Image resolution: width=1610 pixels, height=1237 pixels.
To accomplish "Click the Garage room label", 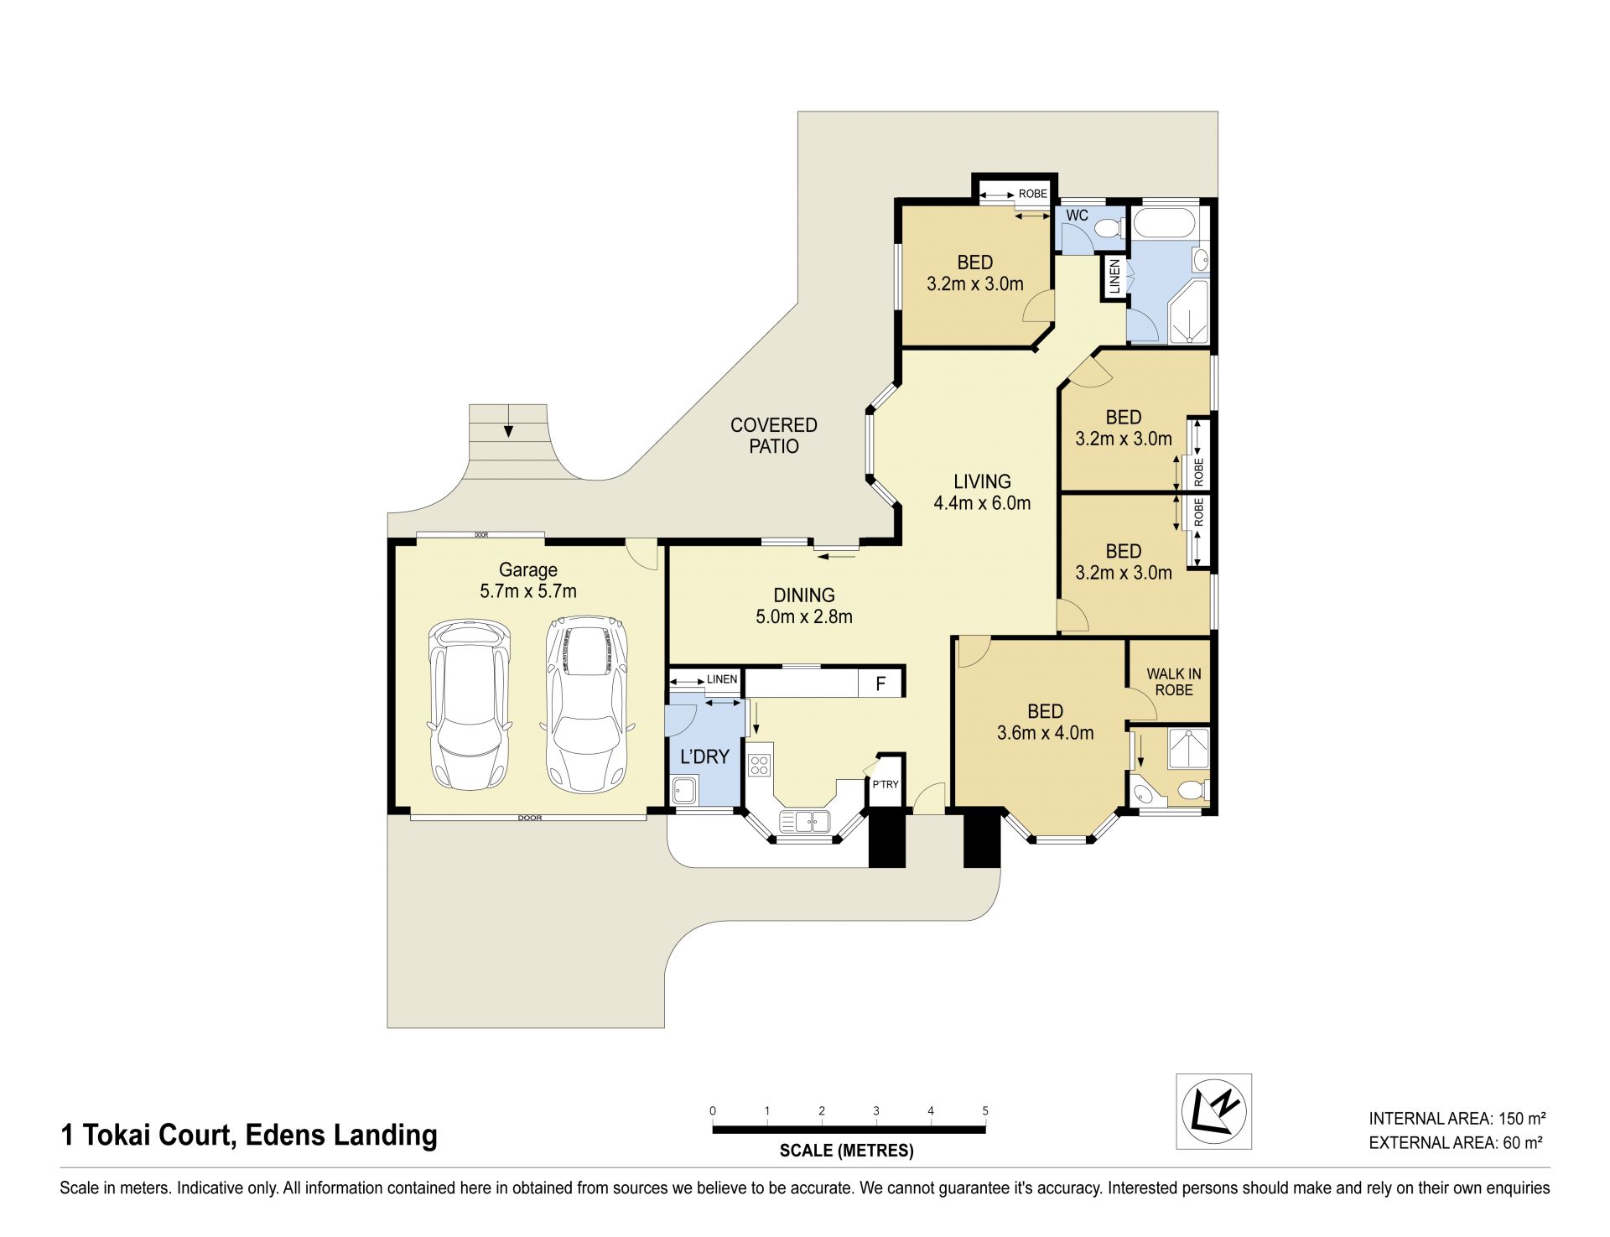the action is (x=527, y=580).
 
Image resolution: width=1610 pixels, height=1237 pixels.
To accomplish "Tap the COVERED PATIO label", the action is (x=773, y=435).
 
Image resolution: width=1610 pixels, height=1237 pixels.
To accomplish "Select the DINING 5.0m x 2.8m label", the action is (x=804, y=606).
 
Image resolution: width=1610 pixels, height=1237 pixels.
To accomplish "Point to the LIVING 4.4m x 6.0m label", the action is (x=982, y=492).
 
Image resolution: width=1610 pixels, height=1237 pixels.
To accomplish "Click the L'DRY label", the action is (x=704, y=756).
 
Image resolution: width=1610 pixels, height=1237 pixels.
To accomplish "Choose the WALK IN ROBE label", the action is (x=1174, y=682).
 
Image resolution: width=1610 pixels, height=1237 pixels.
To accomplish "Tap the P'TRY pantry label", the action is (x=885, y=784).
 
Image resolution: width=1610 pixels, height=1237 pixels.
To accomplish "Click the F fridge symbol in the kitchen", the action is (x=880, y=684).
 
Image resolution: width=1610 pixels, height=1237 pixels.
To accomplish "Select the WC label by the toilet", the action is (x=1077, y=216).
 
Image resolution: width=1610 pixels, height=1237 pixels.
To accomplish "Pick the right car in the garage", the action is (x=586, y=705).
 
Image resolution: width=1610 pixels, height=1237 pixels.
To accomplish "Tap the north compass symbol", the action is (x=1213, y=1111).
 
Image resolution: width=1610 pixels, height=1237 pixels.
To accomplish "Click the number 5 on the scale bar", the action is (x=985, y=1110).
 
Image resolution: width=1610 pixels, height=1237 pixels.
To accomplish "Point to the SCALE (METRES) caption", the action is (x=847, y=1151).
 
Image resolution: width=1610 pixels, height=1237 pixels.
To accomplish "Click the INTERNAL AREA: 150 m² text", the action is (x=1457, y=1118).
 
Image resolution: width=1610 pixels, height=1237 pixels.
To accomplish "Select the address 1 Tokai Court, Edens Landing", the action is (x=249, y=1135).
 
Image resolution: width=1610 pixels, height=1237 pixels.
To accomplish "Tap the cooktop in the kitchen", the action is (x=760, y=765).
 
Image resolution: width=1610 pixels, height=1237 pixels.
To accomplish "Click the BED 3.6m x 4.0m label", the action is (x=1045, y=722).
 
